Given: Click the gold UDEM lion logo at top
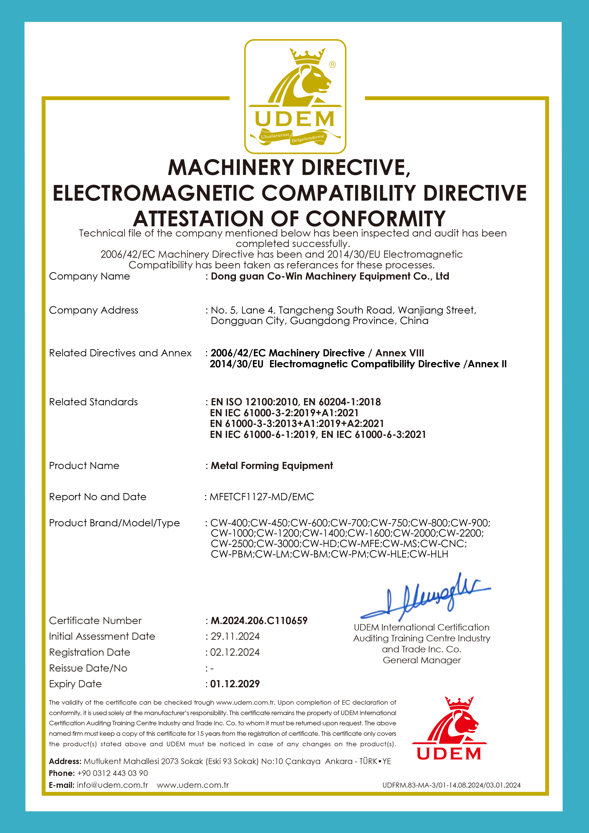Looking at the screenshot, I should tap(295, 96).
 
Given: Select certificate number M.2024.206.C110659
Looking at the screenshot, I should tap(259, 621).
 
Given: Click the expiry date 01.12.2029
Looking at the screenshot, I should tap(235, 684).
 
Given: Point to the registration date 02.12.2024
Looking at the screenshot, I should tap(235, 652).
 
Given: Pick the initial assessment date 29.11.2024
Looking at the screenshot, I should tap(235, 636).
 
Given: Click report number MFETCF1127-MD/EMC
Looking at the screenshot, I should tap(262, 497).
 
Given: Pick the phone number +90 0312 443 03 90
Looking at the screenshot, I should tap(112, 773).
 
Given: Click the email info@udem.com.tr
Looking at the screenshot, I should tap(112, 785).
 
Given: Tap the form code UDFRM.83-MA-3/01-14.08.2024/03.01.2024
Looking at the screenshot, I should tap(451, 785).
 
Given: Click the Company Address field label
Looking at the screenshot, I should tap(94, 310).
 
